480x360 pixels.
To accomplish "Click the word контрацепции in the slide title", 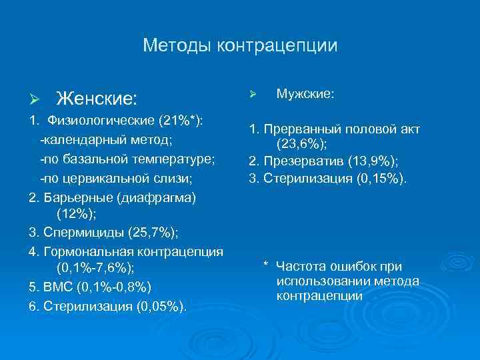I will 276,46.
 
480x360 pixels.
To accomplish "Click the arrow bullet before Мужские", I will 252,95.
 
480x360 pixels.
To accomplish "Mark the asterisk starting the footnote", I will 265,266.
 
